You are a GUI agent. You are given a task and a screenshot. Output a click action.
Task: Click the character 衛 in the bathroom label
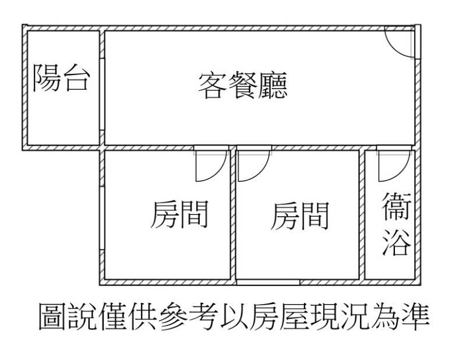tap(397, 209)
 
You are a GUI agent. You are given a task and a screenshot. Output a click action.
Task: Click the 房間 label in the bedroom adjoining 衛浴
tap(299, 216)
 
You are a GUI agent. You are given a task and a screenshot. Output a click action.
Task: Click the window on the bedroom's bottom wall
tap(269, 282)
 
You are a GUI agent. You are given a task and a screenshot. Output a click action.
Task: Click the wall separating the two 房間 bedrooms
tap(234, 216)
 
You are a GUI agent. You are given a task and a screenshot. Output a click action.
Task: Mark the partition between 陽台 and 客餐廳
tap(101, 87)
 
